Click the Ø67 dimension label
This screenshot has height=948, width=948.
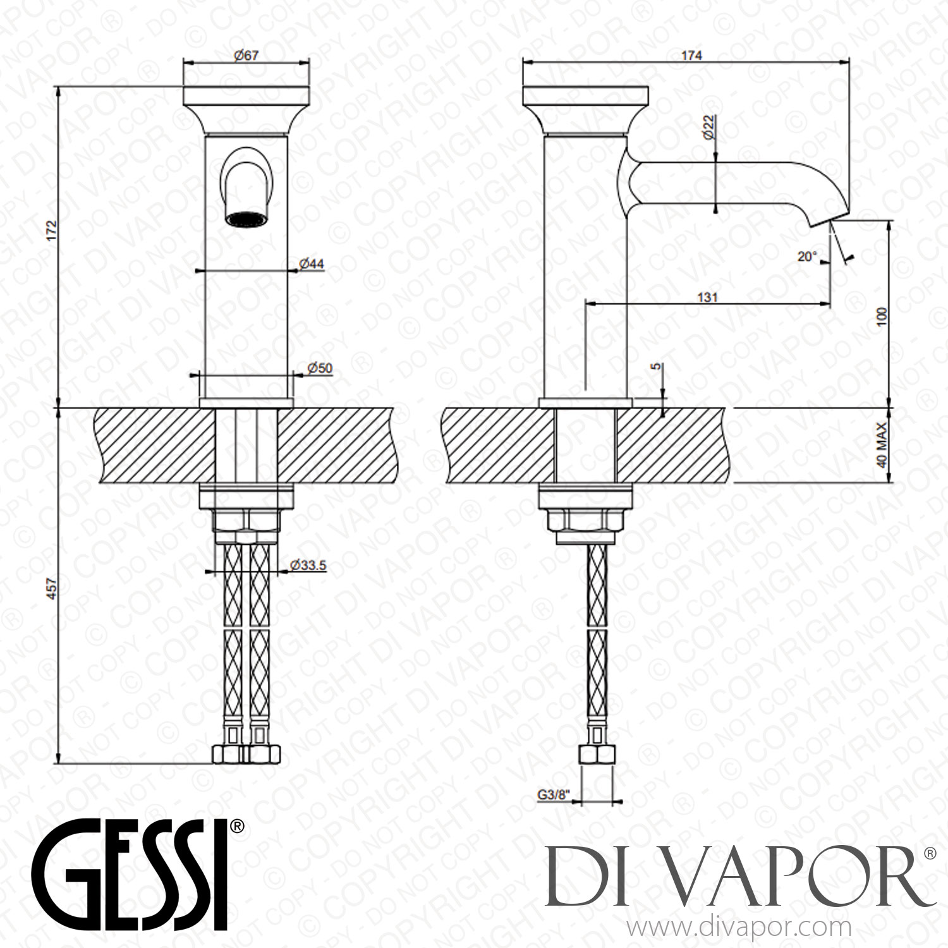point(246,55)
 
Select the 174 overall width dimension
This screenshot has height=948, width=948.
point(691,55)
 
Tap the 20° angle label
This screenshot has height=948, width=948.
point(807,257)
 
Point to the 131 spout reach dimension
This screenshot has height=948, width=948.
point(708,297)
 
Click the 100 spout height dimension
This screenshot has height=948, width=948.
point(882,316)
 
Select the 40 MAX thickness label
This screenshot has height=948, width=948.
point(882,445)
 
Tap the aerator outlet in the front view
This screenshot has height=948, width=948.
point(246,219)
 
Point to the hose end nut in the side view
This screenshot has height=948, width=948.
point(597,754)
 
